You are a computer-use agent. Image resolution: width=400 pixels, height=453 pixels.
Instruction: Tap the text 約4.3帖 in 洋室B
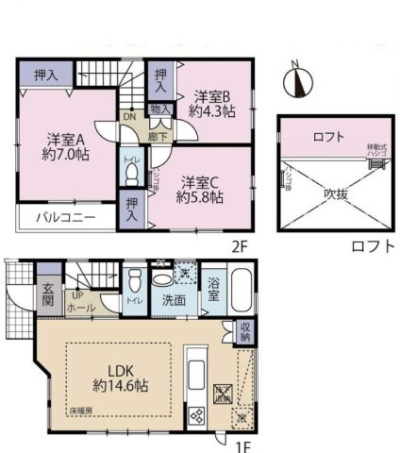point(214,109)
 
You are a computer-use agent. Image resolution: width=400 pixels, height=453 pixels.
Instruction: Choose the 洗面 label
point(173,303)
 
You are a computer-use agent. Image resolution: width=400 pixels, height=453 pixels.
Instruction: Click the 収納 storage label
point(245,330)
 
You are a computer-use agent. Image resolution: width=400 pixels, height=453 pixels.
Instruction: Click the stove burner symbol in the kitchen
point(199,413)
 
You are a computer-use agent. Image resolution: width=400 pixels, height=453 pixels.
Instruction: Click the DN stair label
point(130,118)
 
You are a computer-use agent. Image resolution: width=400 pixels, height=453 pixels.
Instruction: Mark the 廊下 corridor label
point(161,136)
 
